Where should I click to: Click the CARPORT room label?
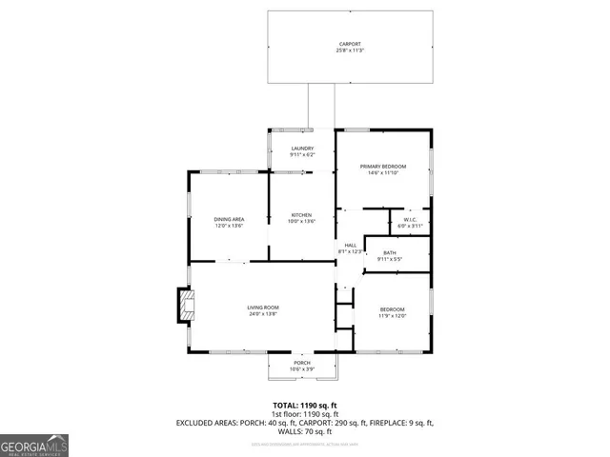point(350,44)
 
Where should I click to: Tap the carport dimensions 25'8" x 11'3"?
point(350,50)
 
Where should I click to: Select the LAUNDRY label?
point(302,149)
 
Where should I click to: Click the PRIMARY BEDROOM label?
point(382,167)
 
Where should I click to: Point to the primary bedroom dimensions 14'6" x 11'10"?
point(382,173)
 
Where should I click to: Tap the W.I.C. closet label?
point(411,219)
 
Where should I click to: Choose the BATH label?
point(390,252)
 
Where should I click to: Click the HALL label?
point(351,245)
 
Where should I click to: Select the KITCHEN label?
point(301,215)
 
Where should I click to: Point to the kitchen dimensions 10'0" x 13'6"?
point(301,222)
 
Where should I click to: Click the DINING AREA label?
point(229,220)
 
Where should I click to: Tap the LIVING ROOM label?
point(263,307)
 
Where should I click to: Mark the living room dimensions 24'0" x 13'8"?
point(263,313)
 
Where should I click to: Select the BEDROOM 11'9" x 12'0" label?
point(393,309)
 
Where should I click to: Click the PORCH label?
point(302,363)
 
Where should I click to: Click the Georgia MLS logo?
point(34,446)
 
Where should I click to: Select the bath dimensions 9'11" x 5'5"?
point(390,259)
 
